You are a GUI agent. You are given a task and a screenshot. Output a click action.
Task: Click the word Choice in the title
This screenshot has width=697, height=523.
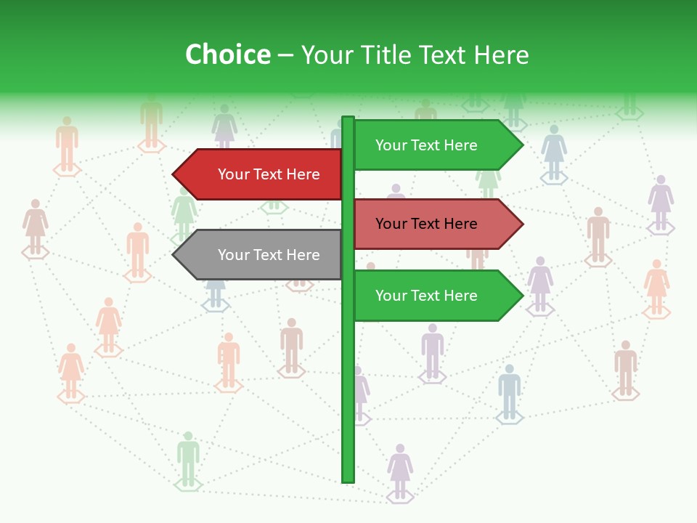click(227, 55)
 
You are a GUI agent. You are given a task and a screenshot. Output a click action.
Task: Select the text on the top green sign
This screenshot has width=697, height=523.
click(426, 145)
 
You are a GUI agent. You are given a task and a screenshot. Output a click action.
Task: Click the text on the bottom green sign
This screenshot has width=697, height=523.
click(426, 296)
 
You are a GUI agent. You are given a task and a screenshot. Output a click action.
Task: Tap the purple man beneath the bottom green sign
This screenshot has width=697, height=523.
click(433, 352)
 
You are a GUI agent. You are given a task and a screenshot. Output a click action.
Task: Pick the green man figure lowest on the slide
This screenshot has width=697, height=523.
click(188, 459)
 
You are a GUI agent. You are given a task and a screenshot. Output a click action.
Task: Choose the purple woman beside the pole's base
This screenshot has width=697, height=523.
click(400, 471)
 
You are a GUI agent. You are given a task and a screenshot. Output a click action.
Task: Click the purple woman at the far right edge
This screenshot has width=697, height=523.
click(661, 203)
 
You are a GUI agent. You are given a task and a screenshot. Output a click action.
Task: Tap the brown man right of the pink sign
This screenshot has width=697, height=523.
click(598, 235)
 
